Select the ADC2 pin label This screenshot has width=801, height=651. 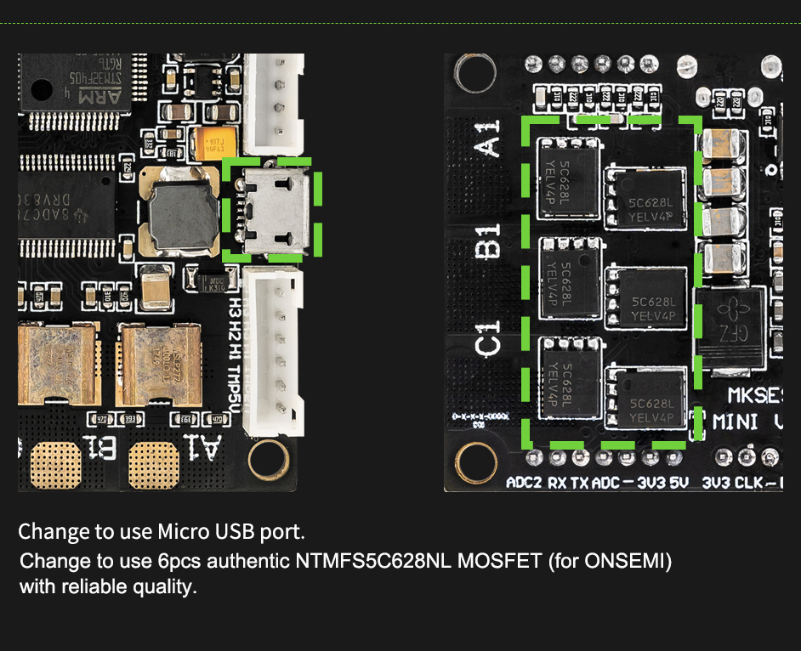click(522, 483)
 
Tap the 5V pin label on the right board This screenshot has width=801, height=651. click(679, 483)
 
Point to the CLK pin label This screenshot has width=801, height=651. click(748, 483)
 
